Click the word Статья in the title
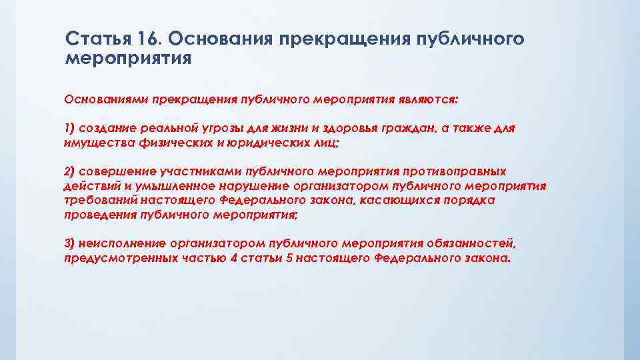point(93,39)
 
